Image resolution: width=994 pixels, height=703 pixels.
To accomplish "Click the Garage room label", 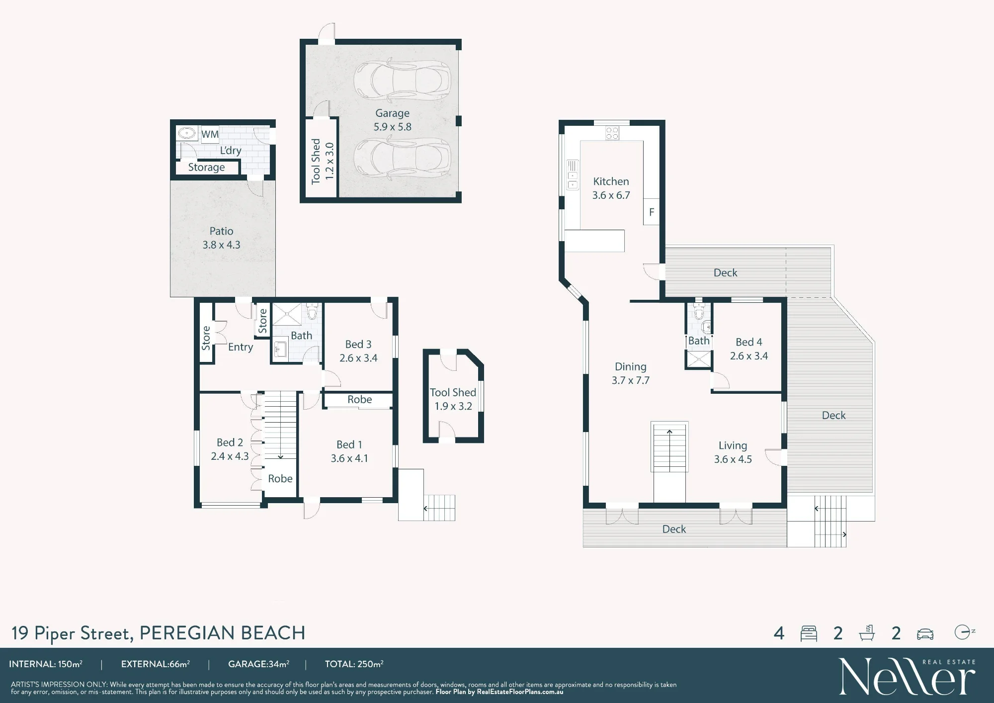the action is click(x=392, y=113).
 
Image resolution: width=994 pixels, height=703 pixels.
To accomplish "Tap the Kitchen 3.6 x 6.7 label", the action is click(x=611, y=188).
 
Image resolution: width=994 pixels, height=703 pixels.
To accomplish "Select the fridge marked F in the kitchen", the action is click(x=652, y=212).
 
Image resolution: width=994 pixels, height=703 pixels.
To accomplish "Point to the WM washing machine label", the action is click(x=210, y=134).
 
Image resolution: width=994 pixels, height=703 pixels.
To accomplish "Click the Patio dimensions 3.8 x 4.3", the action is click(x=221, y=245).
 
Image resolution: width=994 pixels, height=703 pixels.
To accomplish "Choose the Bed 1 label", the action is click(x=349, y=444).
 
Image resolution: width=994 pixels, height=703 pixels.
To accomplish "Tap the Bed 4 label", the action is click(x=748, y=342).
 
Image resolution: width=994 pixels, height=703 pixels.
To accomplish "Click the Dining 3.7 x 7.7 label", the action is click(x=630, y=373).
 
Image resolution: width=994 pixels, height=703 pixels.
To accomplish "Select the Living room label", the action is click(x=733, y=445).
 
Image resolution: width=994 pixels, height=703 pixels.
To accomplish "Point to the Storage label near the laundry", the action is click(x=206, y=168).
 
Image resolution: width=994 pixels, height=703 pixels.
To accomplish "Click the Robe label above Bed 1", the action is click(x=359, y=399).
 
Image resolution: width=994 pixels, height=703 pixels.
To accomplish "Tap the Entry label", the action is click(x=241, y=347).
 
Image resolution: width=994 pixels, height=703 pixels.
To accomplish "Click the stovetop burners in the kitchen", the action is click(x=612, y=133).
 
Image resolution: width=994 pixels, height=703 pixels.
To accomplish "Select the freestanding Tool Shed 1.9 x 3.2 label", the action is click(x=453, y=399).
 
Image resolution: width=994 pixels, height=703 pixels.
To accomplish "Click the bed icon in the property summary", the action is click(x=809, y=633).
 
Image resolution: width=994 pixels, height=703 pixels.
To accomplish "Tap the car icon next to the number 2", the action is click(x=925, y=634).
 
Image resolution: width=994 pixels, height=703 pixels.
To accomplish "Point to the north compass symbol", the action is click(x=964, y=632).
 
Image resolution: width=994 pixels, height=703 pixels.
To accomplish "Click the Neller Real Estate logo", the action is click(x=907, y=676).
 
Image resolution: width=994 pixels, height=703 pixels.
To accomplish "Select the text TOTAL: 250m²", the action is click(x=354, y=664).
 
